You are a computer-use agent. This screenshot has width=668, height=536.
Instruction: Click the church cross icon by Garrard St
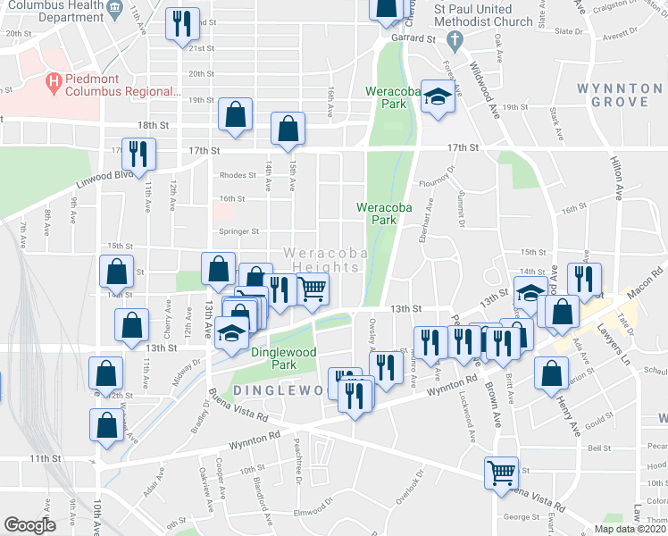455,39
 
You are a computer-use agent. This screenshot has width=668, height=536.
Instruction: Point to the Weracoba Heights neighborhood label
327,261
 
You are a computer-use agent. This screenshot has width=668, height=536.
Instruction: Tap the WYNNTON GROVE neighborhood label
624,95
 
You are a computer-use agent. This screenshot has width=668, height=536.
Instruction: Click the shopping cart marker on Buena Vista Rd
501,471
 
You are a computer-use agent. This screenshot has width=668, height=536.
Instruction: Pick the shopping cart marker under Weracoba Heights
313,288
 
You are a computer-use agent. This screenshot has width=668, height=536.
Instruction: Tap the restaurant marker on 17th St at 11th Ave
138,155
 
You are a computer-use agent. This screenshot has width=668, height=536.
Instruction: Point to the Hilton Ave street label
616,179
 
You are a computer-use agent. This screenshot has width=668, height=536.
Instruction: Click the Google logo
29,525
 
